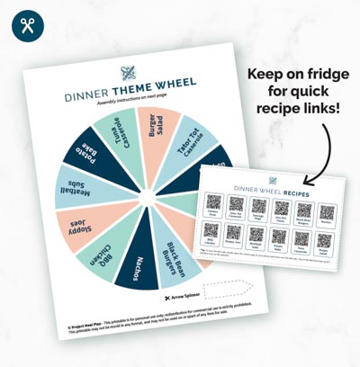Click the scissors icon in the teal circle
click(x=28, y=25)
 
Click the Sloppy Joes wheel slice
click(x=80, y=228)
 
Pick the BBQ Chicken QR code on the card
click(x=211, y=232)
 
